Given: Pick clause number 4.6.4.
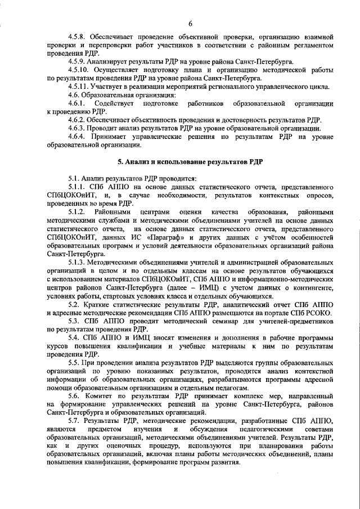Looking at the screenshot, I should coord(76,136).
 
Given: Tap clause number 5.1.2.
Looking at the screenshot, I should coord(76,211).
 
